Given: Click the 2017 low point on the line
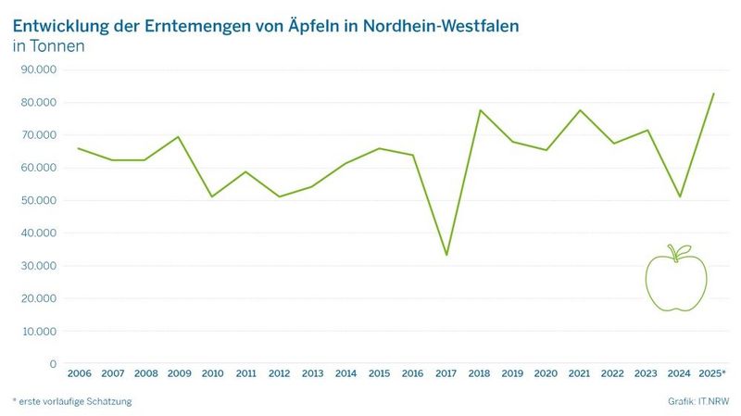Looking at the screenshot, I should tap(446, 255).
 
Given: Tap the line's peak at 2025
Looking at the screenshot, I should tap(713, 94).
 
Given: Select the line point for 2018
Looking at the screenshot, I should tap(480, 110).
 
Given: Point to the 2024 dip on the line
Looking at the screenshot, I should tap(680, 196).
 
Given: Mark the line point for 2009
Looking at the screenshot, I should tap(178, 137).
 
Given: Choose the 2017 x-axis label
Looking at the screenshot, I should tap(446, 373).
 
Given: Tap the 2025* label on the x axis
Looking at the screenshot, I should tap(712, 373).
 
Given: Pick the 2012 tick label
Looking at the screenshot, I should tap(279, 373).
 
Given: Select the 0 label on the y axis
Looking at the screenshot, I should tap(53, 364).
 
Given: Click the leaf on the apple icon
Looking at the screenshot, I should tap(684, 250).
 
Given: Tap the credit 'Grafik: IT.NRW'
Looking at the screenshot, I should tap(697, 401).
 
